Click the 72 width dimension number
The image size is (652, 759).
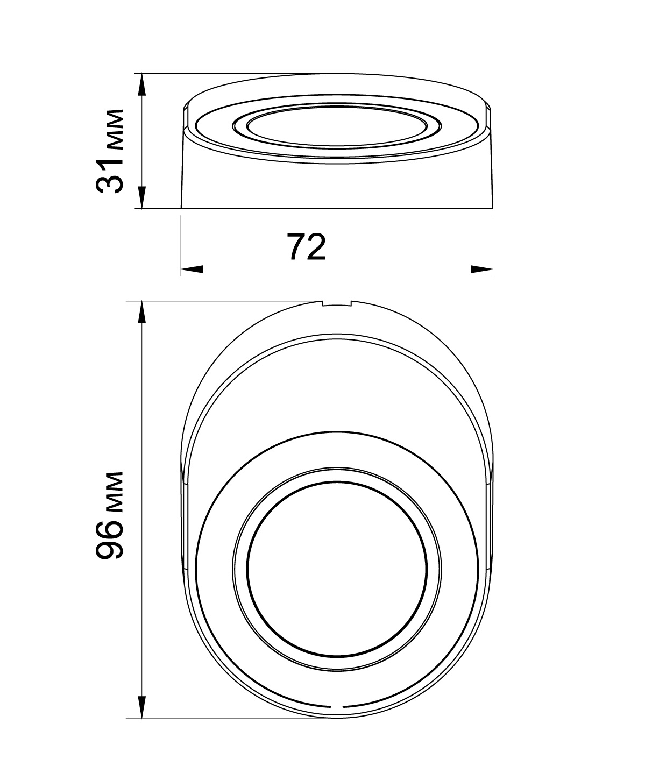pos(306,246)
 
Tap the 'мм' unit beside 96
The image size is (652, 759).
pos(114,492)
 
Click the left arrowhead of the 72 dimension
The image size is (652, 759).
pos(192,269)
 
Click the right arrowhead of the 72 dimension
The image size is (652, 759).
pos(482,269)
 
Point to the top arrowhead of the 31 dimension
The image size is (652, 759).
pos(142,85)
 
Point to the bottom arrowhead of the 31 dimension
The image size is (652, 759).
pos(142,197)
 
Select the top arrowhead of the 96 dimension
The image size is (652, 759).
pos(142,312)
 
